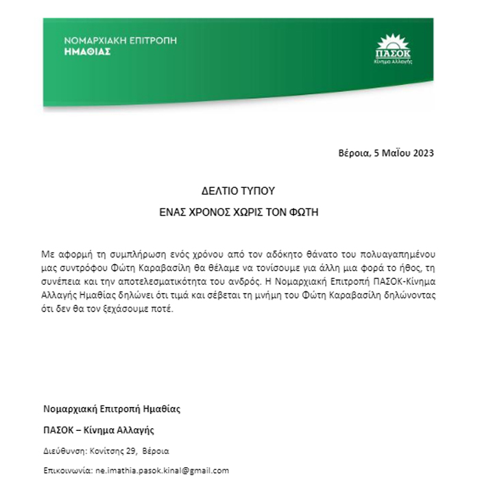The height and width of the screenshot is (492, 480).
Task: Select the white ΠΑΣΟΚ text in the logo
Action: tap(392, 53)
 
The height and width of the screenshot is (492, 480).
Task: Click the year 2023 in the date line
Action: tap(421, 152)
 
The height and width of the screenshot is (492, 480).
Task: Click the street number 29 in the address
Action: tap(128, 451)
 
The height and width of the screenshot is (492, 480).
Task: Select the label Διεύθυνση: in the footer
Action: tap(63, 451)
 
